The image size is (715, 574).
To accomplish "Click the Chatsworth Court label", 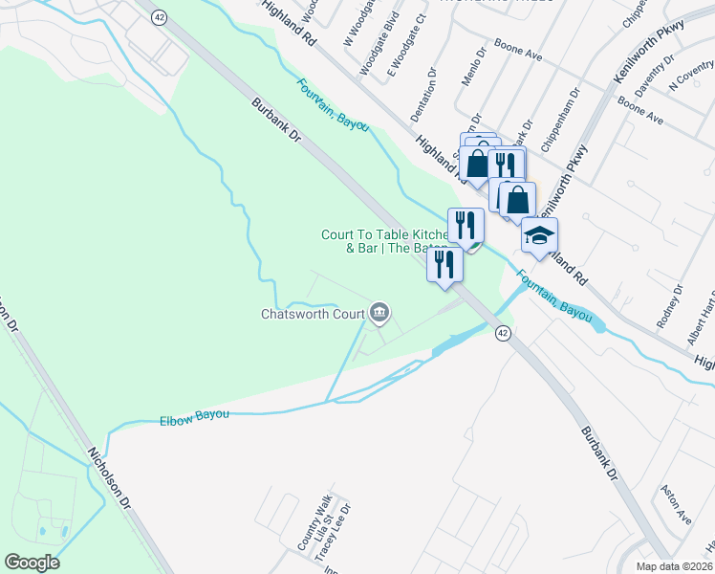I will (314, 314).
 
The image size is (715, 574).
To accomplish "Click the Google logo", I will (32, 563).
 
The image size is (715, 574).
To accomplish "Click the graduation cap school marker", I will (539, 235).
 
